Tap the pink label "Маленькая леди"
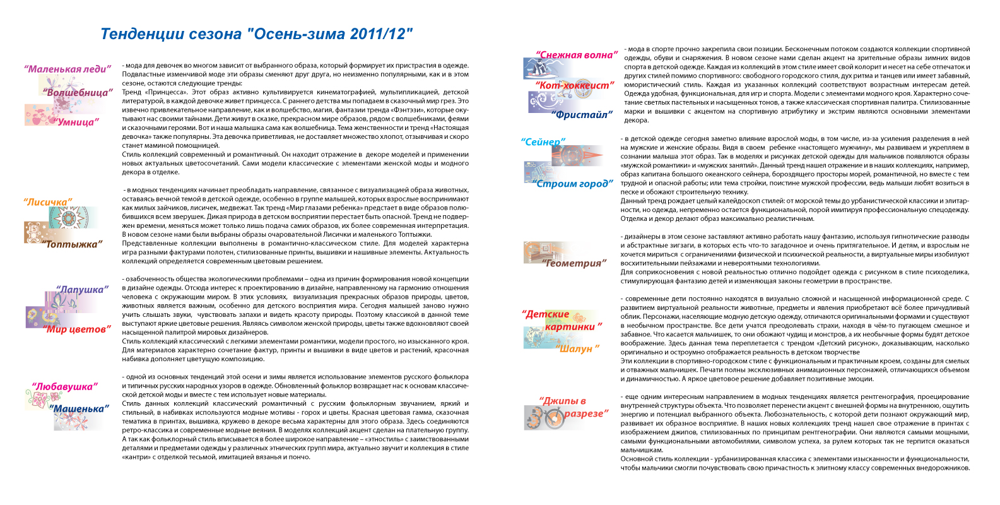tap(68, 69)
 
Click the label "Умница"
tap(77, 122)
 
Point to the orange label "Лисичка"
tap(48, 203)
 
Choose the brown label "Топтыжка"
tap(72, 244)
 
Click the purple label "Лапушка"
tap(82, 290)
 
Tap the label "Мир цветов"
tap(77, 330)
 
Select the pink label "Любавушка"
tap(65, 386)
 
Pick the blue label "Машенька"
tap(79, 409)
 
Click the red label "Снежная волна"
tap(577, 56)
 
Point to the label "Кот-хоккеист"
tap(574, 85)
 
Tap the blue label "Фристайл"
tap(582, 115)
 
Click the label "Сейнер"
tap(543, 142)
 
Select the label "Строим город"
tap(573, 184)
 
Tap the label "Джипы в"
tap(562, 401)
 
